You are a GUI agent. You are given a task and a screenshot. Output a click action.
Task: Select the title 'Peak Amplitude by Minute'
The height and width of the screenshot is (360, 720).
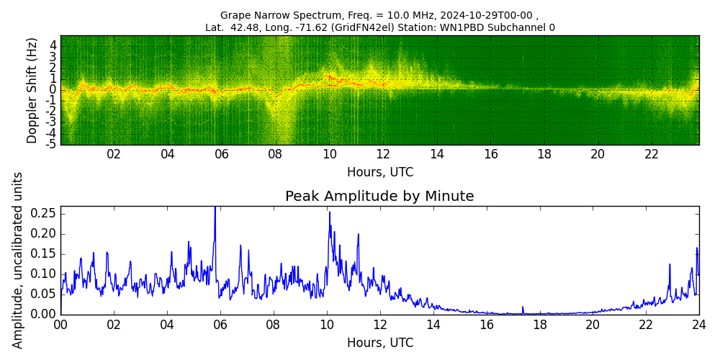[x=379, y=197]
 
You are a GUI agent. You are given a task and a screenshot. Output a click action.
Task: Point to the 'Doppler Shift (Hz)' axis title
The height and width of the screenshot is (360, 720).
[x=32, y=90]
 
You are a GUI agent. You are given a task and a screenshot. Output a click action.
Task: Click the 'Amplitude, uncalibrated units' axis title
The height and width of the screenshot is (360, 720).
[x=18, y=260]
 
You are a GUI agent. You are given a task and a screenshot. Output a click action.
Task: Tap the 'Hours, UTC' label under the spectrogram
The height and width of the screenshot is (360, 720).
[x=379, y=173]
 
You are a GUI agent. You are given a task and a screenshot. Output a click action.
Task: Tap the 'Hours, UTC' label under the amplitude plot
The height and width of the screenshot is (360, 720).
[x=379, y=343]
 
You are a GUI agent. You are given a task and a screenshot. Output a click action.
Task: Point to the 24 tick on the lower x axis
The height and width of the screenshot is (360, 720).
[x=698, y=325]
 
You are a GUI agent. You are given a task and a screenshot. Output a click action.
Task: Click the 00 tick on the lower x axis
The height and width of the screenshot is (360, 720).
[x=60, y=325]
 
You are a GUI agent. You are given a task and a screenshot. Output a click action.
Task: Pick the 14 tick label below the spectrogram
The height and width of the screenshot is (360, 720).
[x=437, y=154]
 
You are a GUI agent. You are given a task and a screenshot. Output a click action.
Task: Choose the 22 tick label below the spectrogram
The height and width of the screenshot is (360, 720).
[x=652, y=154]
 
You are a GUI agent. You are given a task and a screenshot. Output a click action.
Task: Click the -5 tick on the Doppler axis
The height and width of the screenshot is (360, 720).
[x=51, y=144]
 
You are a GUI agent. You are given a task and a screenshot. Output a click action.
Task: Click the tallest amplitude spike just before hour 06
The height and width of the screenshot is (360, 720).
[x=215, y=209]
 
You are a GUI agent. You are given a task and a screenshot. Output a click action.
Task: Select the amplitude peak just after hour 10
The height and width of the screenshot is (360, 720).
[x=330, y=212]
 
